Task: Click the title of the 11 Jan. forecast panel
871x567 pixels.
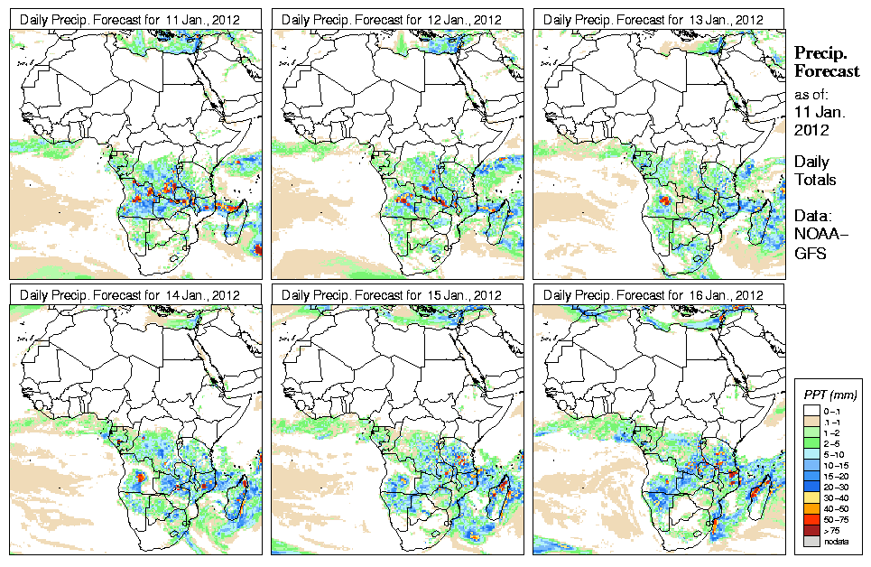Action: point(130,19)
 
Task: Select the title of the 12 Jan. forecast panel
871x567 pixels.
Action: point(393,19)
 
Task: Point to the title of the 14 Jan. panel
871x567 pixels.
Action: point(130,295)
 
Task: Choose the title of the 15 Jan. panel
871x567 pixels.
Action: point(393,295)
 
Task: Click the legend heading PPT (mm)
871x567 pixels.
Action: point(830,395)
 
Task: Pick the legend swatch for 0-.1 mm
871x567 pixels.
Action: point(811,411)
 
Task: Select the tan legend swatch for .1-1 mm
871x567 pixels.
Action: point(811,422)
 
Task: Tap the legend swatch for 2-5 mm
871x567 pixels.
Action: point(811,443)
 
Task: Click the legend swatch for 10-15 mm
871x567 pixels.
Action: point(811,464)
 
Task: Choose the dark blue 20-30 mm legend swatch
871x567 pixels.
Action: point(811,486)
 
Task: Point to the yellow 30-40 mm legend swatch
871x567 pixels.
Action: point(811,497)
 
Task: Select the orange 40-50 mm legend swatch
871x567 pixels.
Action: point(811,507)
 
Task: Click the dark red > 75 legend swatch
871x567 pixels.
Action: point(811,529)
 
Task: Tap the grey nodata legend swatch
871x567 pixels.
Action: point(811,540)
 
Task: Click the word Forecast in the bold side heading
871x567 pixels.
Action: point(826,72)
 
